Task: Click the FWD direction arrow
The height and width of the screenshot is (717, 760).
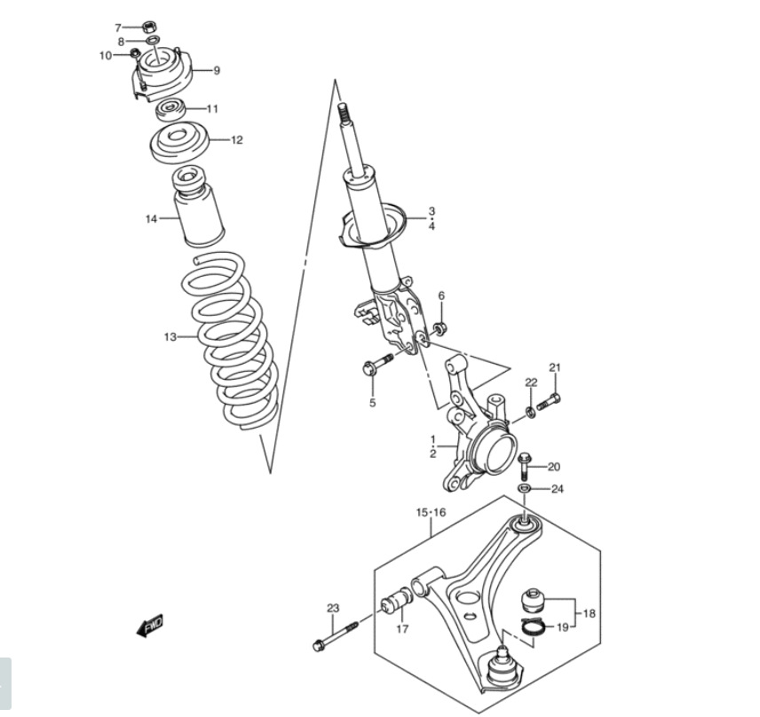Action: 150,626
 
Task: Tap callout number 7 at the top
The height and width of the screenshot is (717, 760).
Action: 118,28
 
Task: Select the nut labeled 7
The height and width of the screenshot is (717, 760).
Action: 150,26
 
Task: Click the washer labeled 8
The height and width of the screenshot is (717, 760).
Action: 152,40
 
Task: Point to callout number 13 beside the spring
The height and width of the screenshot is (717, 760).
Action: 170,336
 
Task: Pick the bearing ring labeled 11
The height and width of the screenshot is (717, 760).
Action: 170,111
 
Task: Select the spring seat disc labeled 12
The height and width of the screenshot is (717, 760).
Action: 178,145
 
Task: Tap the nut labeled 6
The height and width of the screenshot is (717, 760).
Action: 439,329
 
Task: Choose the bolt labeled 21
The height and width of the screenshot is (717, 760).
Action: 549,402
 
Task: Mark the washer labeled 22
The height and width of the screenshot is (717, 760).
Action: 531,413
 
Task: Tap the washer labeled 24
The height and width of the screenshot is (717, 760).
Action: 524,487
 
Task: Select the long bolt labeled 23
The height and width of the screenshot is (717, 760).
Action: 336,636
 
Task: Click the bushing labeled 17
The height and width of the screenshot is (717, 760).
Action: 398,600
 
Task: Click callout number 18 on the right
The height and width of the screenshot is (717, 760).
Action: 589,613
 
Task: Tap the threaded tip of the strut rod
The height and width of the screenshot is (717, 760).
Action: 344,113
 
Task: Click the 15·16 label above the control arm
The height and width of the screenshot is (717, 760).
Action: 431,513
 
